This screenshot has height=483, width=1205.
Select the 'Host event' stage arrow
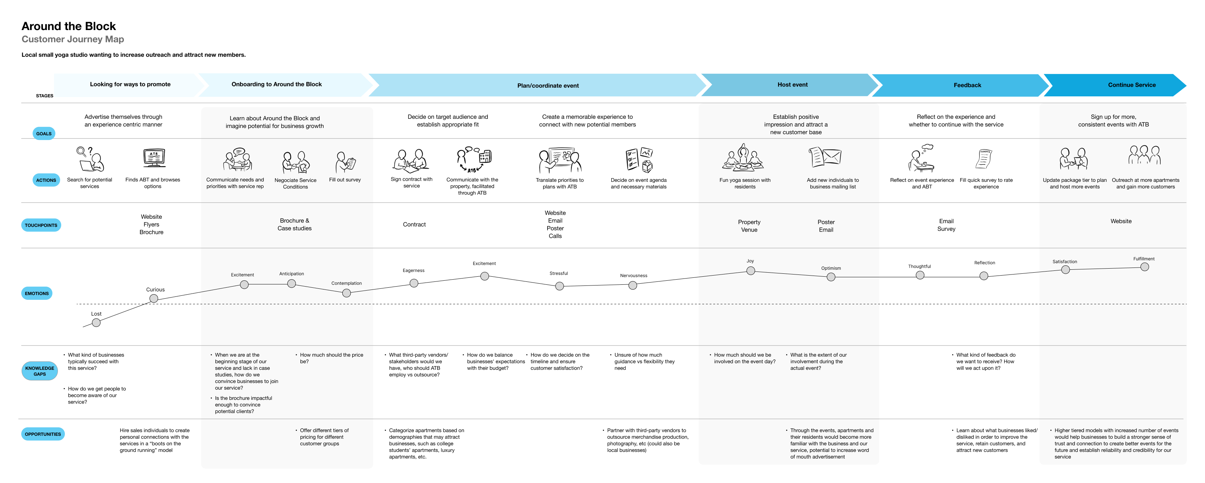tap(790, 85)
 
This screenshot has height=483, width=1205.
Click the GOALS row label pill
tap(44, 133)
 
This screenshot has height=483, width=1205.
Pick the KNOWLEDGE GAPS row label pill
tap(40, 371)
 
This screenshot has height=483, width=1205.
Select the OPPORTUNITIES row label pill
tap(43, 434)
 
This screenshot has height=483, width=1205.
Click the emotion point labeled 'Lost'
tap(96, 322)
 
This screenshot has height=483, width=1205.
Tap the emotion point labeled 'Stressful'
tap(560, 286)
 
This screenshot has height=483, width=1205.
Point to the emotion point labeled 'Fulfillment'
tap(1145, 267)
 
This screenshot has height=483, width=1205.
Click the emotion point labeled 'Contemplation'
tap(347, 293)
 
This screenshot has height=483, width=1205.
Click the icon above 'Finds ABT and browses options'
tap(154, 158)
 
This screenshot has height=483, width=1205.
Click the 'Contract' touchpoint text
tap(414, 224)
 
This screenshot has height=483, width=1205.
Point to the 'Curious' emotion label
tap(155, 290)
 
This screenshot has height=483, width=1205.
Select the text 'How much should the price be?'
tap(332, 358)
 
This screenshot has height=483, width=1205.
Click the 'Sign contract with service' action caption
tap(412, 182)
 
